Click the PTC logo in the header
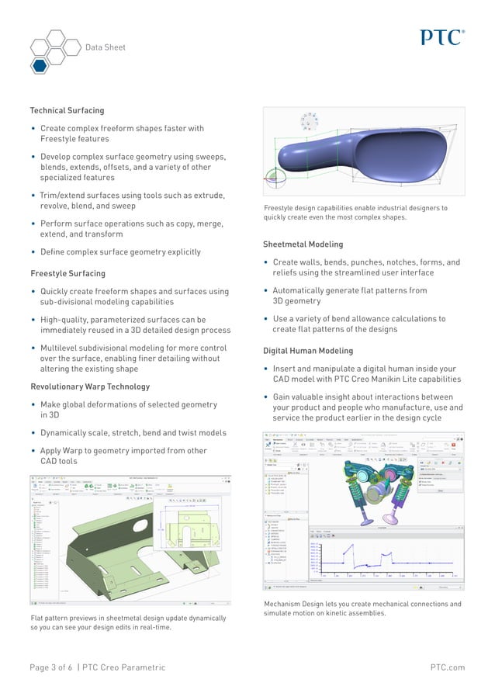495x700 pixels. (442, 36)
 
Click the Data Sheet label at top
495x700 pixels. (105, 47)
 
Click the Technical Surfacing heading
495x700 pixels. (67, 110)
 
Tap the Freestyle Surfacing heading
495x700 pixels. (67, 273)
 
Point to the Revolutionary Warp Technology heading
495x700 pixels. (90, 386)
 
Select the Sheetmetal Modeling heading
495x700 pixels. (303, 244)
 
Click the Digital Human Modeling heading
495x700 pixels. (308, 351)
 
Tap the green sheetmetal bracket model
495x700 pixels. (116, 543)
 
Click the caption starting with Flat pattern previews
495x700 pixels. (128, 623)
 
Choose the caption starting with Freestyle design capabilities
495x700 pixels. (355, 213)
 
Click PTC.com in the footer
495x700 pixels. (447, 667)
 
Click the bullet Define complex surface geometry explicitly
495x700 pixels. (120, 251)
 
